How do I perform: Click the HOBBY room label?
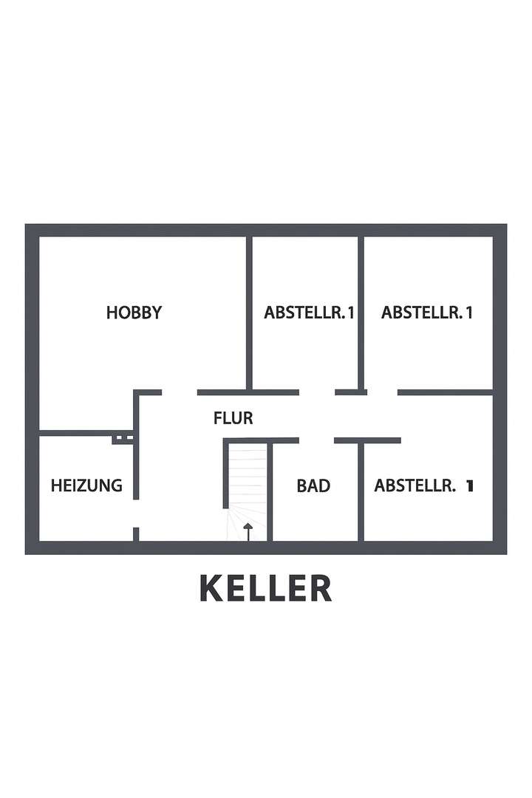click(x=134, y=313)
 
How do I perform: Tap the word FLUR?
click(x=233, y=418)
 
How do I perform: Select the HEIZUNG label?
click(x=86, y=485)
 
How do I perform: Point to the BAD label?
click(x=313, y=485)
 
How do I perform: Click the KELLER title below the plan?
click(x=266, y=588)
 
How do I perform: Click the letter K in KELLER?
click(x=211, y=588)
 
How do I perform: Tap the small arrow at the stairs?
click(x=248, y=530)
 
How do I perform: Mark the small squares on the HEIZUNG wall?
click(x=123, y=438)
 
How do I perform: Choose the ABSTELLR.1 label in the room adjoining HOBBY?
click(x=310, y=313)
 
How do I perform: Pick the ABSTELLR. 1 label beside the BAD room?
click(x=423, y=485)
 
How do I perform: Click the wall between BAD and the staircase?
click(x=270, y=491)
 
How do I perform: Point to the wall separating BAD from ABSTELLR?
click(x=361, y=491)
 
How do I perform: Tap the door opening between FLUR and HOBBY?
click(x=179, y=392)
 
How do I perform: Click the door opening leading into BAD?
click(x=316, y=440)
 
